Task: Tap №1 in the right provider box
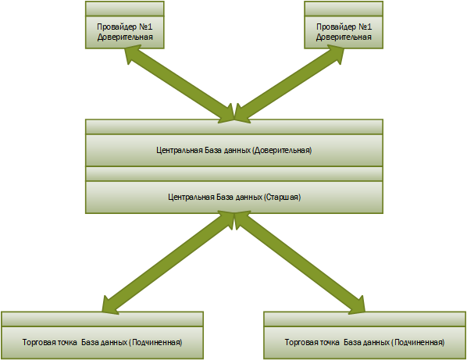(365, 27)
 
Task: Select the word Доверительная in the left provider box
(125, 37)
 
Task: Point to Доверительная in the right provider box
(344, 37)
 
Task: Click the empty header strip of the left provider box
(125, 9)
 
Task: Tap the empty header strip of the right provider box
(344, 9)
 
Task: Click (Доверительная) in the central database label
(282, 150)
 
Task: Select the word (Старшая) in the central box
(283, 197)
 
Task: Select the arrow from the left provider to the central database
(180, 84)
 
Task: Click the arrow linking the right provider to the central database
(289, 84)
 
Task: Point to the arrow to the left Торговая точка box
(168, 262)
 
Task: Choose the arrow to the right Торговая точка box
(300, 262)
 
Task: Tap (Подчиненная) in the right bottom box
(418, 343)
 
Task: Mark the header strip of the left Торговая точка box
(102, 319)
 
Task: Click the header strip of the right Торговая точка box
(365, 319)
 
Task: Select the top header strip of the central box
(234, 127)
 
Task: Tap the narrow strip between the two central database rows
(234, 174)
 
